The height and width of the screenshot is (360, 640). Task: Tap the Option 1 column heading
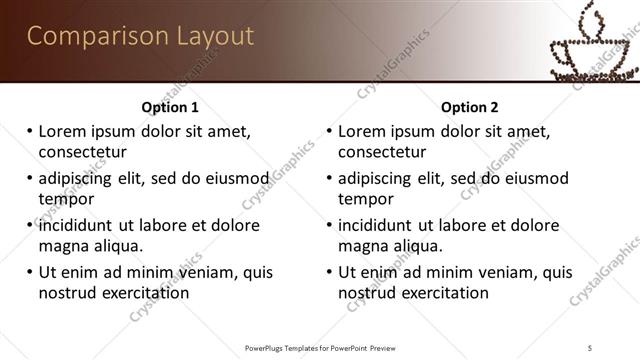[x=170, y=107]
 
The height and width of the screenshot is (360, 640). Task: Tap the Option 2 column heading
[x=470, y=107]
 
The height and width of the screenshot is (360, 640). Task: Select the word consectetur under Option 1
[x=83, y=152]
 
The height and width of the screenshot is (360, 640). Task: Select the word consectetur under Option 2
[x=383, y=152]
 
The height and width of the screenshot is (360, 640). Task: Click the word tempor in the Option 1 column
[x=66, y=199]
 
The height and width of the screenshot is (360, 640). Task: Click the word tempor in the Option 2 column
[x=366, y=199]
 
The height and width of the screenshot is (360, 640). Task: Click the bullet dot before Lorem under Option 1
[x=30, y=131]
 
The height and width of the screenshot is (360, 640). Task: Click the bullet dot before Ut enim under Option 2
[x=330, y=272]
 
